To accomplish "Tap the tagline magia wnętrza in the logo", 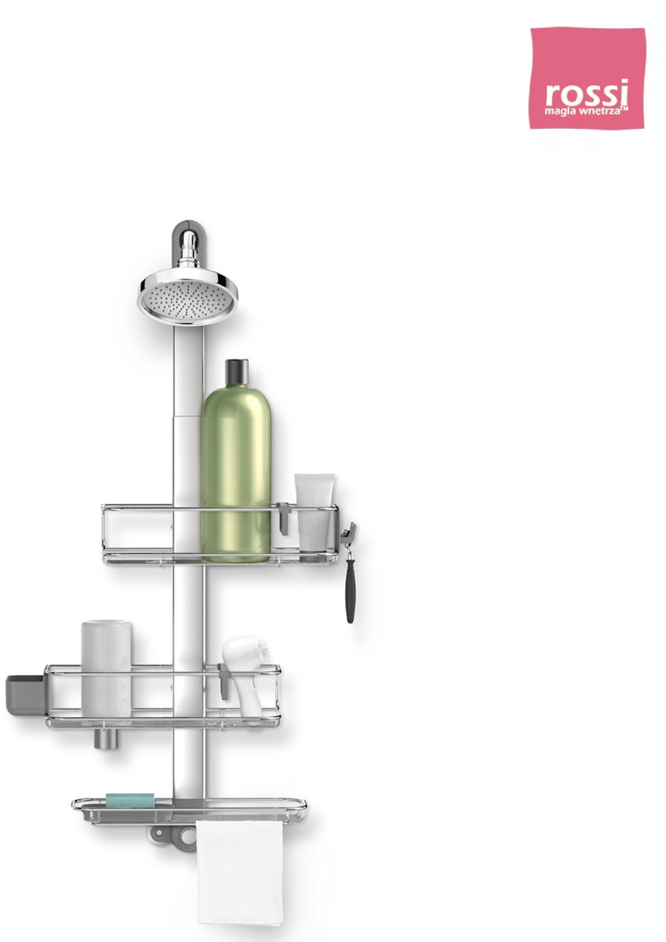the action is [586, 111].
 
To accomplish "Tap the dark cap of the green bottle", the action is [237, 372].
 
